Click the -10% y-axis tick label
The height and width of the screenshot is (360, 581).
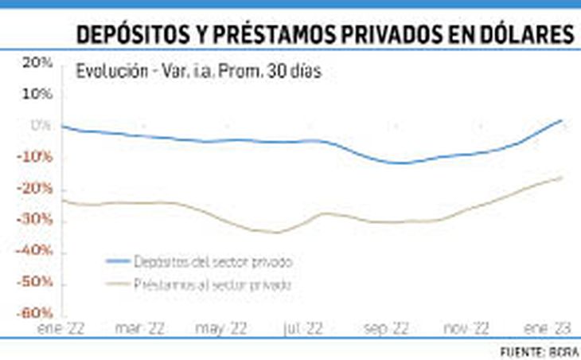[x=37, y=157]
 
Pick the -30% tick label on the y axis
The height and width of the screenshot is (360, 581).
[x=37, y=220]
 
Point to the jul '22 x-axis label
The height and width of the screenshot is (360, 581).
[x=302, y=327]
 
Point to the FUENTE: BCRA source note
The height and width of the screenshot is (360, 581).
[x=539, y=351]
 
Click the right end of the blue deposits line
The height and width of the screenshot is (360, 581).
[x=562, y=120]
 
